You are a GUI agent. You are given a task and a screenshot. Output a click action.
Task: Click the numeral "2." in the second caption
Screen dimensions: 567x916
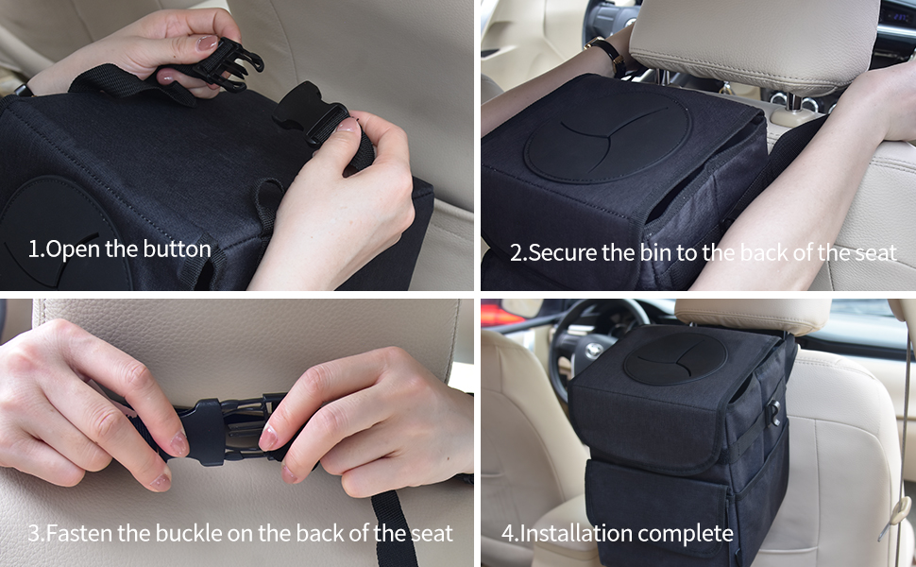(517, 253)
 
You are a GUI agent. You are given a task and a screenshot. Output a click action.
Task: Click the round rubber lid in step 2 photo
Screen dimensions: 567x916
(607, 137)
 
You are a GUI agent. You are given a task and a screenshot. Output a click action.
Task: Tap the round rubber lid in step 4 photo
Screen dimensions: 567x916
(674, 357)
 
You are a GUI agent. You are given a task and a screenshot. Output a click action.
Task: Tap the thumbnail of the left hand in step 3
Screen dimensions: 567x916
(177, 442)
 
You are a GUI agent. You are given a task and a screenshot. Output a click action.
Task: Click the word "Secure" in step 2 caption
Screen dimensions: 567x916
(563, 253)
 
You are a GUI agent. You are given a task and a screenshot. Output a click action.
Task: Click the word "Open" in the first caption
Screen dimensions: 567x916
(67, 250)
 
